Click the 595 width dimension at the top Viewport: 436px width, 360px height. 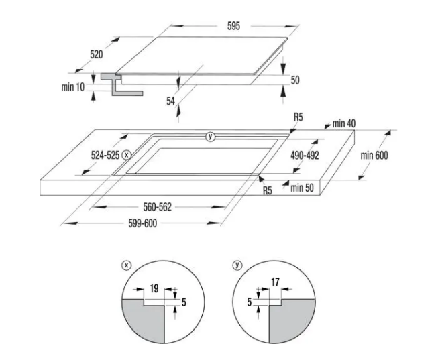(x=233, y=26)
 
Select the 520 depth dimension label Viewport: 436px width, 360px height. (x=97, y=54)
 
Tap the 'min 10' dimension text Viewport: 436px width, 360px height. (x=73, y=87)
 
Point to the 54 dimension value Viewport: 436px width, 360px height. (x=171, y=101)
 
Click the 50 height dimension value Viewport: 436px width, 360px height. (x=295, y=80)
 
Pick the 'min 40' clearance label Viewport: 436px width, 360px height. (x=344, y=123)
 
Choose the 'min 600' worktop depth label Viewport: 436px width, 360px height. (x=374, y=155)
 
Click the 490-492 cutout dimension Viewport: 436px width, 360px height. (x=305, y=155)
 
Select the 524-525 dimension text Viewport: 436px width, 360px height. (x=105, y=155)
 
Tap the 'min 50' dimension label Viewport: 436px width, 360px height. (x=302, y=188)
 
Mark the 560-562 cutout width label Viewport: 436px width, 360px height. (x=158, y=207)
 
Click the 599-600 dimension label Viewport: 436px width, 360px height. (x=143, y=223)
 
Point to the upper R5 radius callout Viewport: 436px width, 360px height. (x=298, y=117)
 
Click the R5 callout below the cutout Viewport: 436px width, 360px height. (x=268, y=190)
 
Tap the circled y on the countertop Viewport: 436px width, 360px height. (x=210, y=137)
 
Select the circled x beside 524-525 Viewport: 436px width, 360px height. (x=127, y=155)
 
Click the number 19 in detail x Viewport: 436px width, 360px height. (x=154, y=288)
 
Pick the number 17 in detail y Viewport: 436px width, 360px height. (x=275, y=282)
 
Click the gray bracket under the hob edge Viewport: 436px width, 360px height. (x=122, y=84)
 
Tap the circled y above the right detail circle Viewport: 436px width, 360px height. (x=237, y=265)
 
